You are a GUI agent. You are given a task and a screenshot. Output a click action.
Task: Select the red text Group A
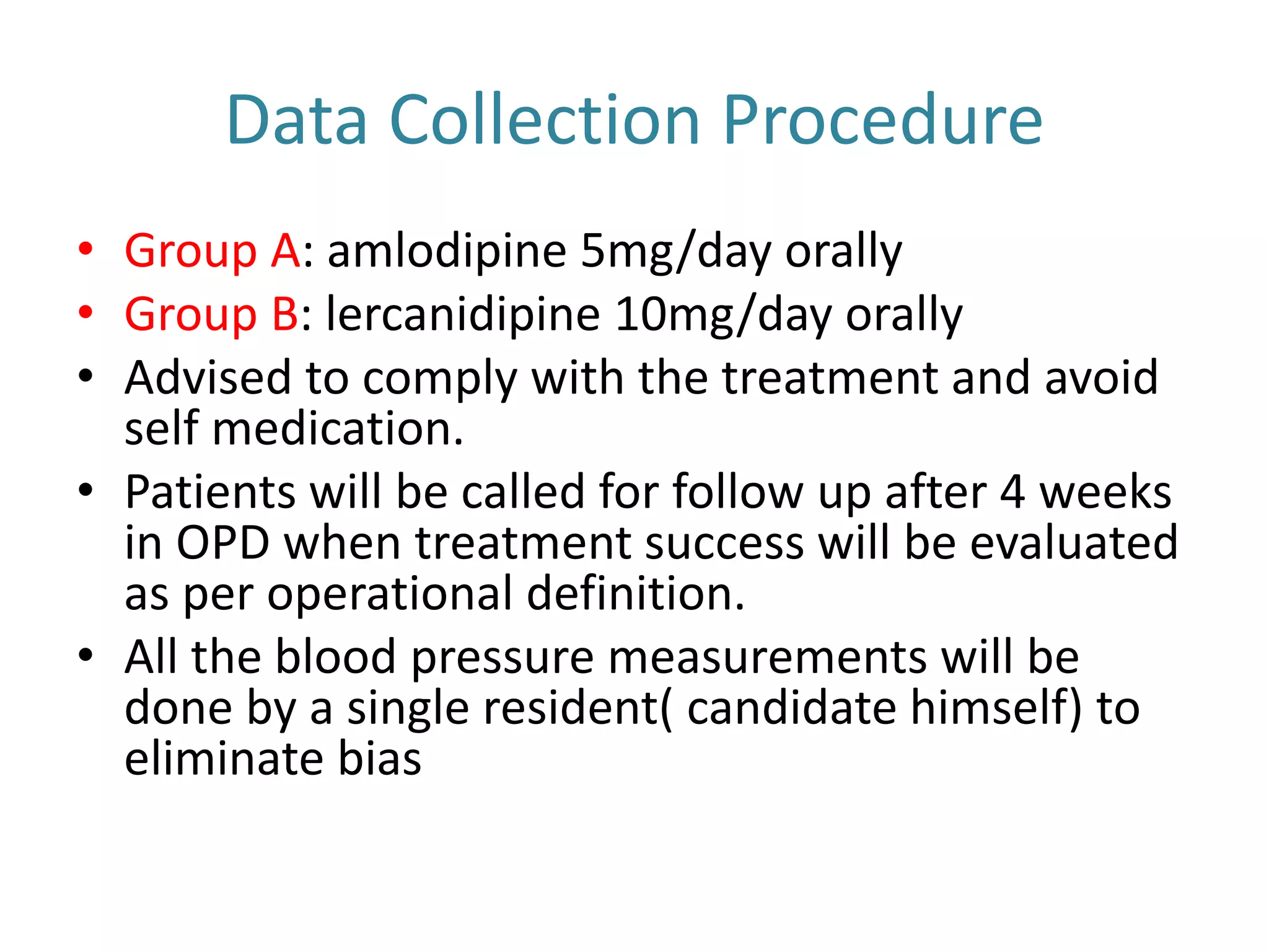point(213,251)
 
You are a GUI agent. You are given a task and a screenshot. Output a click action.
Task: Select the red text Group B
point(212,314)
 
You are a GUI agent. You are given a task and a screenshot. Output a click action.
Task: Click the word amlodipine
point(446,251)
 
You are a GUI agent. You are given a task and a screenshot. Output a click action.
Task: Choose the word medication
point(338,429)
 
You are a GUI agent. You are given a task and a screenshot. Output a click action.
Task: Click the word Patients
point(210,492)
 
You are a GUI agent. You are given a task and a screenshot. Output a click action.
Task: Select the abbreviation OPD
point(223,543)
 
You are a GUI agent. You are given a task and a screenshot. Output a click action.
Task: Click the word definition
point(635,594)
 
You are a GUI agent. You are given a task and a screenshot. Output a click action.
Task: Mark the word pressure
point(502,657)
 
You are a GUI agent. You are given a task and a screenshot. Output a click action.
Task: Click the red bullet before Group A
point(86,249)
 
